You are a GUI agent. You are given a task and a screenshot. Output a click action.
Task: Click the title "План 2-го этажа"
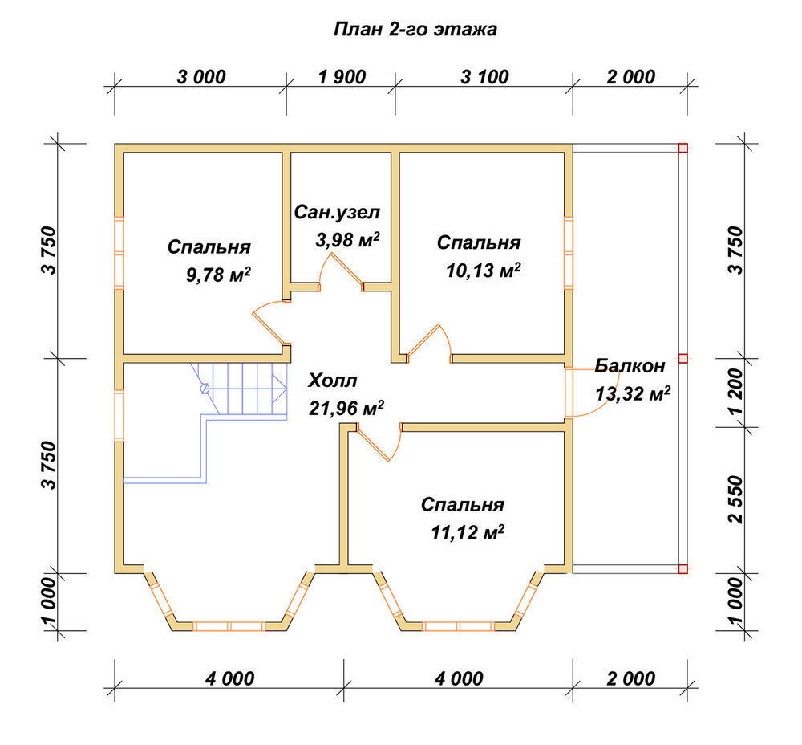415,29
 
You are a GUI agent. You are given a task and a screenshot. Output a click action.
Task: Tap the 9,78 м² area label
218,275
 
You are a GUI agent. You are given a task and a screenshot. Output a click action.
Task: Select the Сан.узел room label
337,212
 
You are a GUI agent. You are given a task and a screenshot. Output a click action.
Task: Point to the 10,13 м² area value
484,271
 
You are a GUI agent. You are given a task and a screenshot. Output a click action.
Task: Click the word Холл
333,381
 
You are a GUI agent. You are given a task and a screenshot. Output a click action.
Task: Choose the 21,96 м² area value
346,408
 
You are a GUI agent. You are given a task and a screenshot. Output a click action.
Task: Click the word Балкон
630,365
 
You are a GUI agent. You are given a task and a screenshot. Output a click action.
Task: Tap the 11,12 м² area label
468,532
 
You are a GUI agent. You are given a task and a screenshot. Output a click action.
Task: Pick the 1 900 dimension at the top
342,77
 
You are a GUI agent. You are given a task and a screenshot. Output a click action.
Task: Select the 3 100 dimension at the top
485,77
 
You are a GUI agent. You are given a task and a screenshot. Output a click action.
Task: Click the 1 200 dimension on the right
735,393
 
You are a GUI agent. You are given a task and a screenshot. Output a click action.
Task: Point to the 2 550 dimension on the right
735,499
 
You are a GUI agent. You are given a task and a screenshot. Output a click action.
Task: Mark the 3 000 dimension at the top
201,77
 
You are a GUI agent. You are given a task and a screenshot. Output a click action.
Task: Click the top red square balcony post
683,149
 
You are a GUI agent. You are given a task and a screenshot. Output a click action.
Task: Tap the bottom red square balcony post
683,569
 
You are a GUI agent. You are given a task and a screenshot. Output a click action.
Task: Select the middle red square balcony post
683,358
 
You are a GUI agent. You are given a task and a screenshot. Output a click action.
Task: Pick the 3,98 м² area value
348,239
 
